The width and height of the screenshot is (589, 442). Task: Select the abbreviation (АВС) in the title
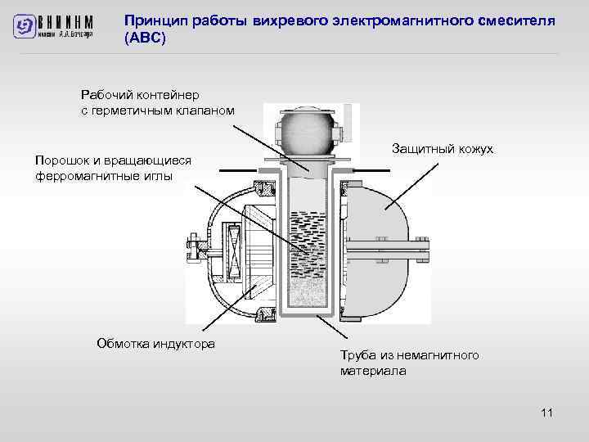tap(145, 38)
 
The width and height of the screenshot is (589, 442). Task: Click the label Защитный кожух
tap(442, 148)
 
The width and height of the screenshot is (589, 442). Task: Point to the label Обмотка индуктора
tap(155, 343)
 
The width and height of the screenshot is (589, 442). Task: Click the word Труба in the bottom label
tap(357, 355)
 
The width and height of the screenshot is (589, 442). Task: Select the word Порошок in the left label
tap(62, 160)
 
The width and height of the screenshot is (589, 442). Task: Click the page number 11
tap(547, 413)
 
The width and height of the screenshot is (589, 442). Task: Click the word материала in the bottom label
tap(373, 371)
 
